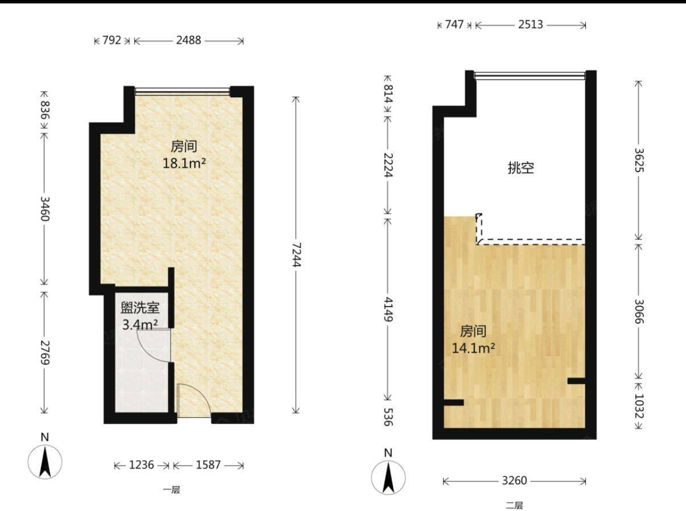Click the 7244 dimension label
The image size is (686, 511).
click(296, 255)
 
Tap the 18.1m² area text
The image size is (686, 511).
click(184, 163)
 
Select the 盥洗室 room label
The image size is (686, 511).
click(140, 308)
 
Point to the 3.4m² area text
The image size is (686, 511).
click(140, 325)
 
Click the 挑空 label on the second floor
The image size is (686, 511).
click(521, 168)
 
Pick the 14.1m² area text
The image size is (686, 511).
click(473, 348)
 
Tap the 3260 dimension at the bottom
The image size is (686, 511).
click(514, 481)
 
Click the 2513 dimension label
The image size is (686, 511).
click(531, 24)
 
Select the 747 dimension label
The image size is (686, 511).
click(454, 24)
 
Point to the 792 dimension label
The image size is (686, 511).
click(111, 40)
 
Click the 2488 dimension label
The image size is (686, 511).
click(188, 40)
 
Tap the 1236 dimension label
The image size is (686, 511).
click(141, 465)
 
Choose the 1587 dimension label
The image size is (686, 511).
click(208, 465)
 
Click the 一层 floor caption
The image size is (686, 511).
click(172, 489)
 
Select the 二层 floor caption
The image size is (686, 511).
click(514, 506)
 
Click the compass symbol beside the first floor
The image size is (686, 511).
click(45, 459)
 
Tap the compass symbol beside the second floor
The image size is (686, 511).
click(388, 475)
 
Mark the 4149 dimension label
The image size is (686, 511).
click(388, 310)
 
